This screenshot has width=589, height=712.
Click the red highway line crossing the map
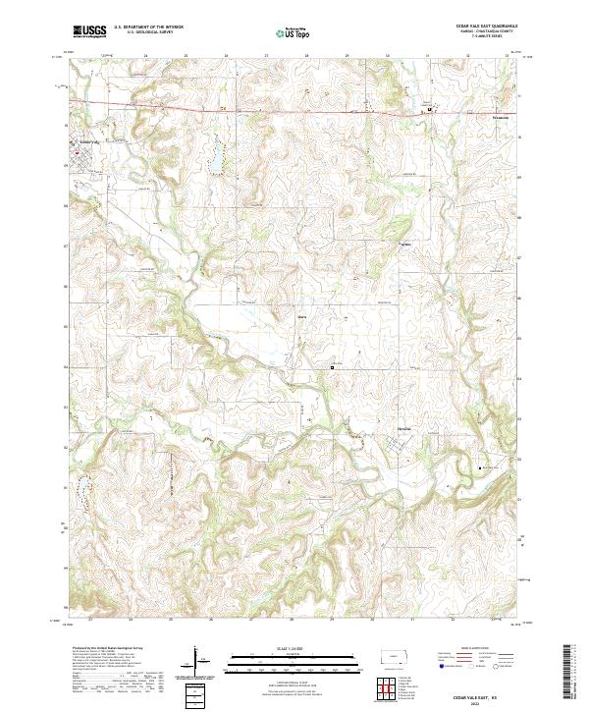click(294, 105)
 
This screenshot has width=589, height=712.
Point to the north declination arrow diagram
click(196, 660)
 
